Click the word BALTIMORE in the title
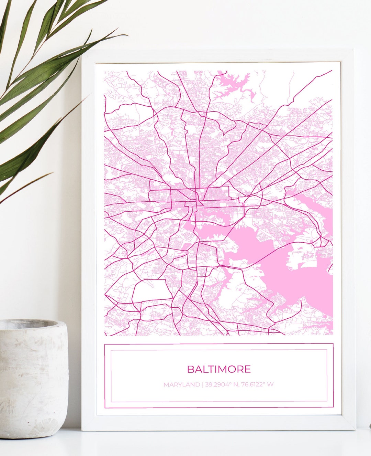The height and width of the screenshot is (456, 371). (x=219, y=369)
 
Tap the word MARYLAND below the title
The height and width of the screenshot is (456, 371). (x=181, y=384)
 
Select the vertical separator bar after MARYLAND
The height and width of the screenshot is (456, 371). (x=202, y=384)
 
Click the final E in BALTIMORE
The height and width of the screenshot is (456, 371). (x=248, y=369)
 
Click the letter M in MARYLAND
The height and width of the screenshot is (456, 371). (x=166, y=384)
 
